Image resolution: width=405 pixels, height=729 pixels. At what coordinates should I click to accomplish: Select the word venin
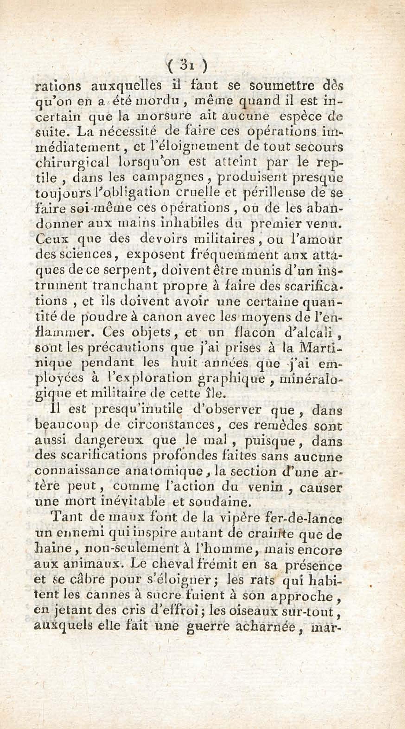[266, 487]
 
